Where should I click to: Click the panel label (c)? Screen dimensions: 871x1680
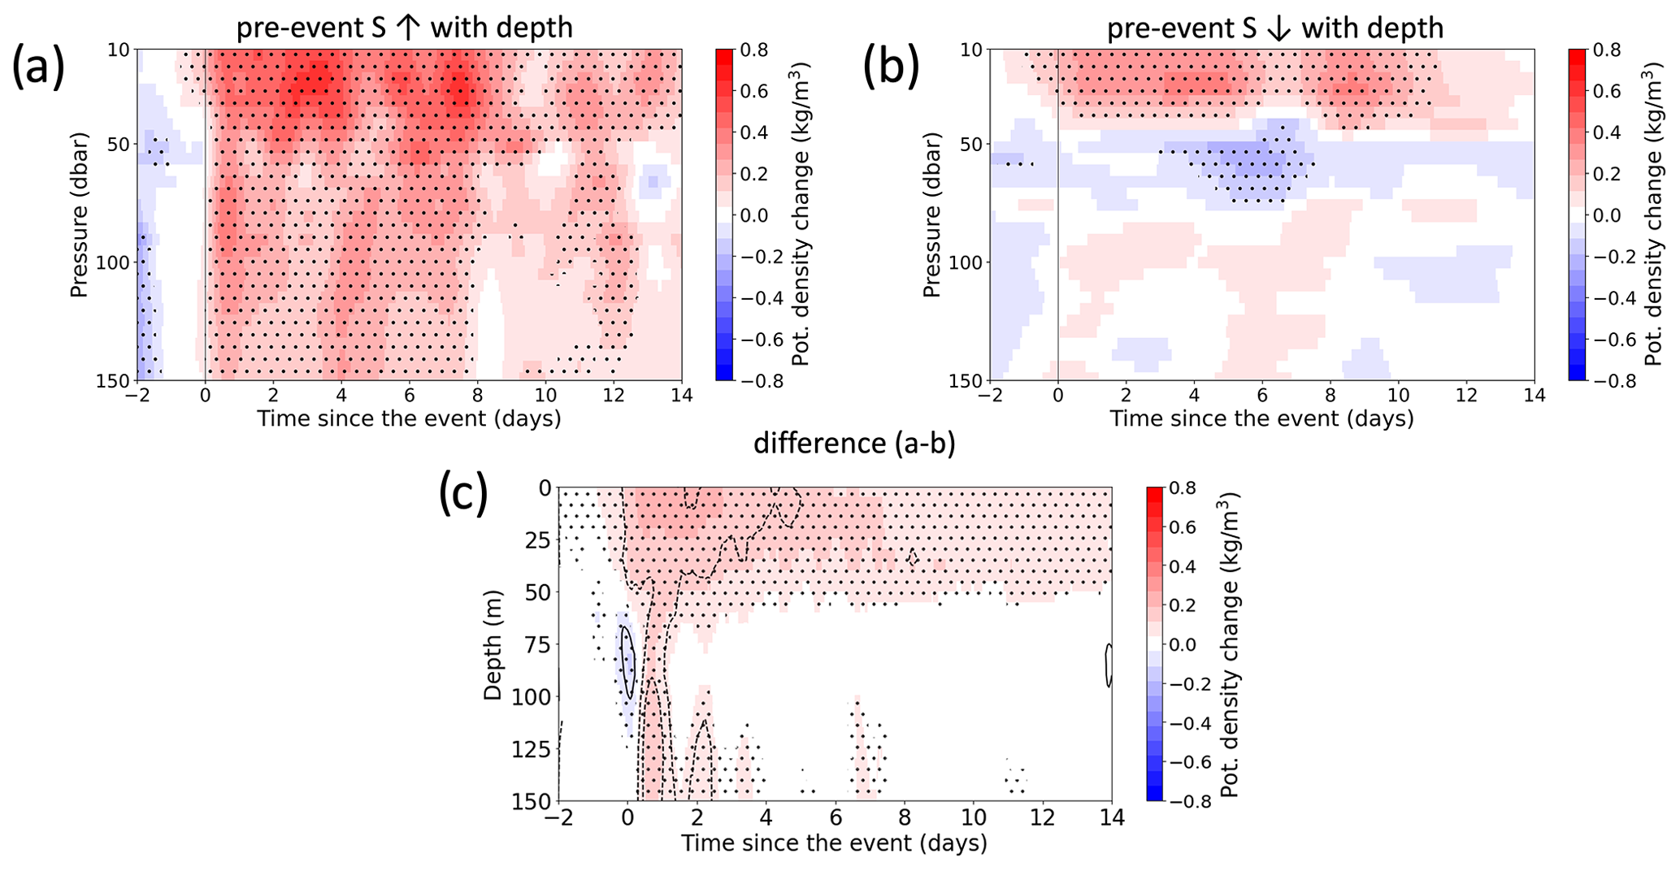(463, 496)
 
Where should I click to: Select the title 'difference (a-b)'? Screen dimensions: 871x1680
(854, 444)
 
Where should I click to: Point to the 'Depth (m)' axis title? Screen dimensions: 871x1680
(493, 645)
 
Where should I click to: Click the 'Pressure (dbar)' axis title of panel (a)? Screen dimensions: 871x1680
(79, 214)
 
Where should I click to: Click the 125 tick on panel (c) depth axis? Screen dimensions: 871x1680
(535, 749)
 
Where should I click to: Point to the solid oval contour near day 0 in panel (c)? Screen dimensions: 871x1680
(627, 662)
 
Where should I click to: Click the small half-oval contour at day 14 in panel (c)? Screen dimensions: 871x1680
(1108, 665)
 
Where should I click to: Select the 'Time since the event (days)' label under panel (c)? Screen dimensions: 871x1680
(834, 843)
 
